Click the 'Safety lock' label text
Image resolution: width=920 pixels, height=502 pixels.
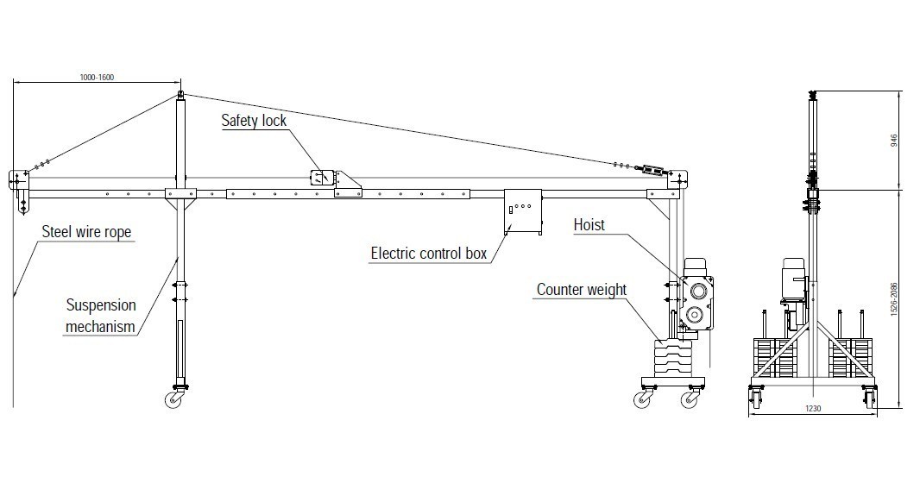(x=254, y=121)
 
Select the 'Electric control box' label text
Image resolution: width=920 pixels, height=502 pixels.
(x=428, y=254)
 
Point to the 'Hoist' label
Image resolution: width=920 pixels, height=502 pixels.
(x=589, y=225)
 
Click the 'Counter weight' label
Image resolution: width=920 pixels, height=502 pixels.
(x=582, y=290)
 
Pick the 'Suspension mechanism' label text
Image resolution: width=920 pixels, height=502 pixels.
(x=101, y=316)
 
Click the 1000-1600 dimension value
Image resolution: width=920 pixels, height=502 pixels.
(x=97, y=78)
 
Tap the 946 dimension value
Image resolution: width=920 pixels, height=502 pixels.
(x=895, y=139)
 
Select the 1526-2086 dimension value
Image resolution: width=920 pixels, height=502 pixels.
(x=896, y=297)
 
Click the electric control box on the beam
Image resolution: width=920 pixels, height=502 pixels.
(x=522, y=210)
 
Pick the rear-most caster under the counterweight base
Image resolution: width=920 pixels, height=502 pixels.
(x=690, y=398)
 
